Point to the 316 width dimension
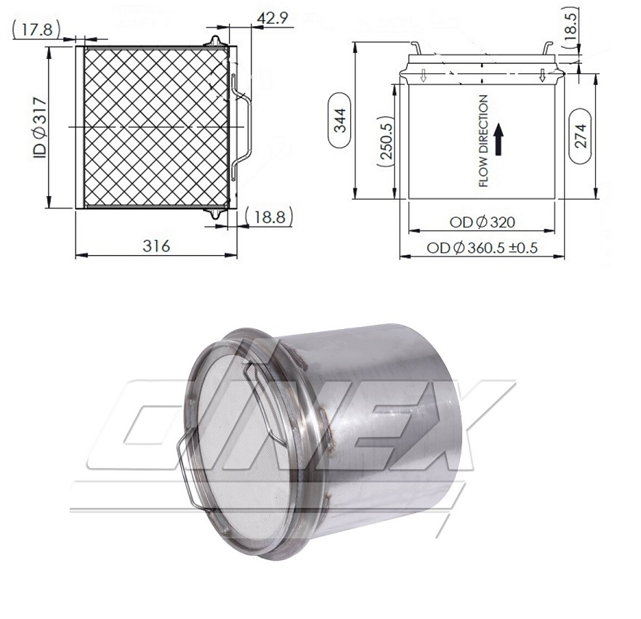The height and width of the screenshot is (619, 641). coord(156,246)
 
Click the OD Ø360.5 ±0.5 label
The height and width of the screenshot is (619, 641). coord(482,248)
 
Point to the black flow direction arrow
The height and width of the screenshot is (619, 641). coord(499,139)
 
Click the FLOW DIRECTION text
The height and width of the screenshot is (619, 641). coord(483,141)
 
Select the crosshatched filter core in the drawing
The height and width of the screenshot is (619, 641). coord(156,127)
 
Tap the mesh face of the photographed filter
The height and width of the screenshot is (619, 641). coord(240,450)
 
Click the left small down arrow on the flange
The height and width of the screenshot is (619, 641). coord(424,74)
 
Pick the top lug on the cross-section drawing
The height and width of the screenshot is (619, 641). coord(214,41)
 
